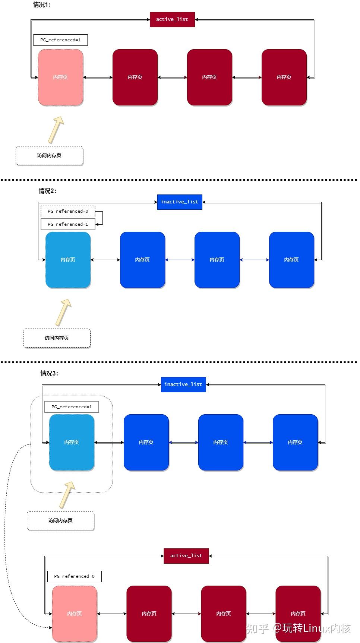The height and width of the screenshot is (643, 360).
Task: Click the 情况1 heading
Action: tap(42, 5)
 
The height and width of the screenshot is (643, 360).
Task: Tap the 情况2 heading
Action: tap(48, 191)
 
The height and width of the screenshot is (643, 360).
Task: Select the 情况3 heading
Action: tap(50, 373)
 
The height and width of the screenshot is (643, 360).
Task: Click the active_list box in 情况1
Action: tap(172, 19)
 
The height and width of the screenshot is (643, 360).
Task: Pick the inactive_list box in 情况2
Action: tap(180, 202)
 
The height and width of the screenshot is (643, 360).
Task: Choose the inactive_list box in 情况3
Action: tap(183, 384)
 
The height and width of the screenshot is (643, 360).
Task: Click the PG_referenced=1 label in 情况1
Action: tap(60, 40)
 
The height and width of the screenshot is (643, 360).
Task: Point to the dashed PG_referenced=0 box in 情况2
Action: tap(68, 211)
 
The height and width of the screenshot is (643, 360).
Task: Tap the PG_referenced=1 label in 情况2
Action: tap(68, 224)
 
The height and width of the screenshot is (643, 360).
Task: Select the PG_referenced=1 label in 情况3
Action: tap(72, 407)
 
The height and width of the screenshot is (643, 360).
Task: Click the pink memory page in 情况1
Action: tap(60, 77)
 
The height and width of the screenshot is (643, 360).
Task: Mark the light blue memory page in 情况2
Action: tap(68, 260)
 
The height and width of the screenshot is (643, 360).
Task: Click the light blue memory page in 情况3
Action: tap(72, 443)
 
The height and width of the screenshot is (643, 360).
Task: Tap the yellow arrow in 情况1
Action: tap(56, 130)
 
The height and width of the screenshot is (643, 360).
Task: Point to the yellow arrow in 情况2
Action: tap(63, 312)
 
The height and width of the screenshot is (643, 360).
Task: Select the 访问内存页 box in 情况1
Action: tap(49, 156)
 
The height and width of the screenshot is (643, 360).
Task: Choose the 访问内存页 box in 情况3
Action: tap(60, 521)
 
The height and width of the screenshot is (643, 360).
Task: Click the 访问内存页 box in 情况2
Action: tap(57, 338)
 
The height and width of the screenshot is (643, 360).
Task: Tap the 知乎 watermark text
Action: tap(258, 628)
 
